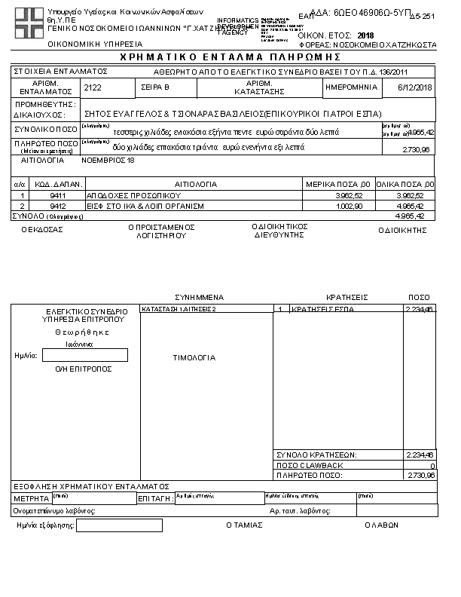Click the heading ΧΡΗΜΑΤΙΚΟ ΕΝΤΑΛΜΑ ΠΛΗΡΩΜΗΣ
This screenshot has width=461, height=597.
coord(230,58)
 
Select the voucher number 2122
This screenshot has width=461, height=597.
coord(93,88)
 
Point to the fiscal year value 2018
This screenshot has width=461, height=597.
coord(365,35)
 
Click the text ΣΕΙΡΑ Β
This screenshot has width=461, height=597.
coord(155,88)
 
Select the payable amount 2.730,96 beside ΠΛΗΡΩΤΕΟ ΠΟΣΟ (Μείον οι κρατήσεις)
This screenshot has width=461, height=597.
coord(417,150)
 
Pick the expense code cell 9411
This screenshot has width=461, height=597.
coord(55,195)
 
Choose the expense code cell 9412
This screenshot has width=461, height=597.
coord(55,205)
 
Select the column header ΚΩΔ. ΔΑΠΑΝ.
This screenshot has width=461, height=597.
coord(55,184)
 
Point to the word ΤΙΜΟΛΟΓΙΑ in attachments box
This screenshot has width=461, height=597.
coord(194,358)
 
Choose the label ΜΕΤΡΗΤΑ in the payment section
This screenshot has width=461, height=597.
coord(32,499)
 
